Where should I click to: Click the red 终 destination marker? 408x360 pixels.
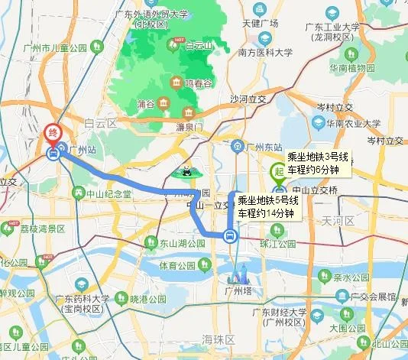click(53, 133)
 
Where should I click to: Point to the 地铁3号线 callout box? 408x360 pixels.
click(318, 163)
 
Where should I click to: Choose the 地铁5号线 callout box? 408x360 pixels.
click(265, 207)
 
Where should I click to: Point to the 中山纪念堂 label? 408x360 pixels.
click(107, 194)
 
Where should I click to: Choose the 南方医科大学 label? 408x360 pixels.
click(264, 54)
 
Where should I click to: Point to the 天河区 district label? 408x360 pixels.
click(338, 221)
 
